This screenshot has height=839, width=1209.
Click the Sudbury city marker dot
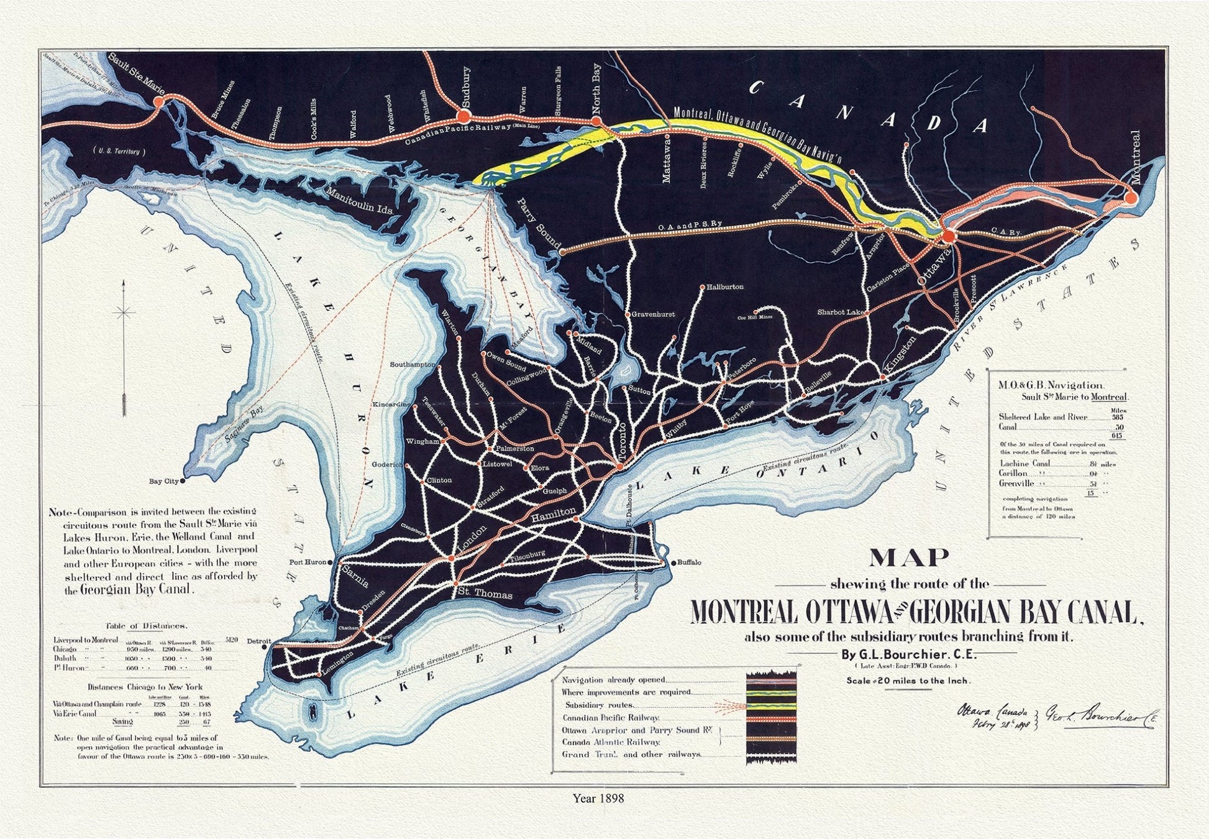(x=463, y=116)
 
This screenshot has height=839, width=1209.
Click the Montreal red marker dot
(x=1130, y=198)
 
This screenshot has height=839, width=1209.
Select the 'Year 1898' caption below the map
(x=598, y=798)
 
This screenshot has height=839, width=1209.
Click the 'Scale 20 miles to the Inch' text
(x=908, y=681)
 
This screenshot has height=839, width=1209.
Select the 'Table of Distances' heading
(x=147, y=626)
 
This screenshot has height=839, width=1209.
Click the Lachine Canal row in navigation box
(x=1025, y=463)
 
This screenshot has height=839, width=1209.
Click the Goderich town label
(x=386, y=464)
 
